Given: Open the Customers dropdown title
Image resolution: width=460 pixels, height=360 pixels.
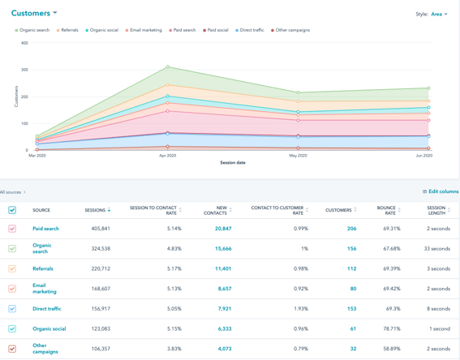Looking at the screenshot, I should pyautogui.click(x=34, y=13).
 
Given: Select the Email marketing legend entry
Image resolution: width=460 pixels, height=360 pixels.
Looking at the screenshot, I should pyautogui.click(x=145, y=30).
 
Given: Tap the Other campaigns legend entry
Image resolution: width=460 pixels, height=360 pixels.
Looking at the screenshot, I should pyautogui.click(x=291, y=30).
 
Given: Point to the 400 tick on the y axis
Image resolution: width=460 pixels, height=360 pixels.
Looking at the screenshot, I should pyautogui.click(x=24, y=43).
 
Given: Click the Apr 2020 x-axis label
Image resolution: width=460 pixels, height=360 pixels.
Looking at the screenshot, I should pyautogui.click(x=167, y=155).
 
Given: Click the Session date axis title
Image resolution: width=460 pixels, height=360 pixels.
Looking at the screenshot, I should pyautogui.click(x=233, y=162).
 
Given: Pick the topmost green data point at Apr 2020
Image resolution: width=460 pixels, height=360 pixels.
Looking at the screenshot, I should pyautogui.click(x=168, y=67).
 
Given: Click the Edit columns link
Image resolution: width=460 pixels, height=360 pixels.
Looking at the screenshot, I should pyautogui.click(x=441, y=191).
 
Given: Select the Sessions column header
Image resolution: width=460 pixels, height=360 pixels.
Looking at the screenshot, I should pyautogui.click(x=96, y=210).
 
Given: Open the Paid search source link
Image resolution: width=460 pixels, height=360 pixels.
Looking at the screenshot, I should pyautogui.click(x=45, y=229).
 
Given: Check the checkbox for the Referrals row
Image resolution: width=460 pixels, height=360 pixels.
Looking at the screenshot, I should pyautogui.click(x=12, y=268).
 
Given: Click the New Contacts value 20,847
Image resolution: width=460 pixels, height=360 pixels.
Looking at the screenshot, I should pyautogui.click(x=223, y=229).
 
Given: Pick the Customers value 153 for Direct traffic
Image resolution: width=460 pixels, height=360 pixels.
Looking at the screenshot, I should pyautogui.click(x=351, y=308).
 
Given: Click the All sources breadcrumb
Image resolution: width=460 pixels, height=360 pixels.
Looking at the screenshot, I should pyautogui.click(x=12, y=192).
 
